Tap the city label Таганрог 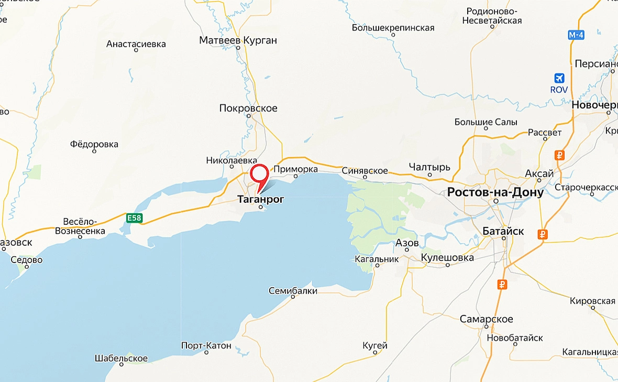[260, 199]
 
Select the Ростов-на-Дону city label [495, 192]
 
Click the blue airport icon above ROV [559, 78]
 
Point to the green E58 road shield [134, 218]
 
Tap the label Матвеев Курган [238, 40]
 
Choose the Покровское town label [248, 108]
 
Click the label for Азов [407, 243]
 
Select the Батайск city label [503, 231]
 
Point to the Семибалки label [293, 290]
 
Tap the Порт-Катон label [206, 345]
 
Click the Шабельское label [121, 358]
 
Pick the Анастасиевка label [136, 44]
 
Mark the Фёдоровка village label [94, 144]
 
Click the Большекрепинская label [393, 28]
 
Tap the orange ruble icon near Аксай [559, 155]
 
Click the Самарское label [486, 319]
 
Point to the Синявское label [365, 171]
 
